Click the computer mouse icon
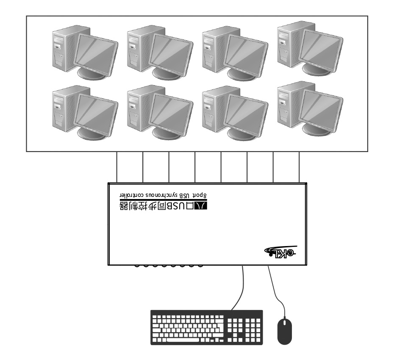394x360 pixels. pyautogui.click(x=285, y=331)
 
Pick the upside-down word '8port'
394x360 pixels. pyautogui.click(x=202, y=194)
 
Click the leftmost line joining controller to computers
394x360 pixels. pyautogui.click(x=117, y=167)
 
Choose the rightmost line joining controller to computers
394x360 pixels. pyautogui.click(x=300, y=167)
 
